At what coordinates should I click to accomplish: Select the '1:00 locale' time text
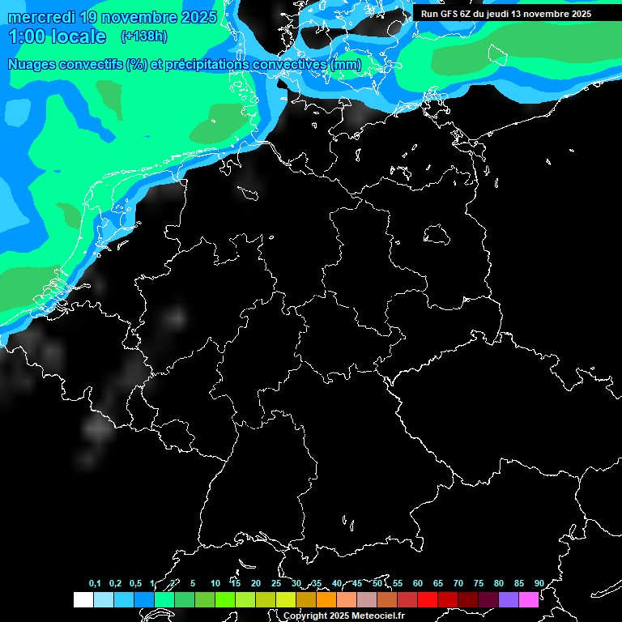[57, 36]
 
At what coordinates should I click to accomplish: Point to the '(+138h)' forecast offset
[144, 36]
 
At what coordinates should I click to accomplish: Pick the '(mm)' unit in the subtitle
[346, 65]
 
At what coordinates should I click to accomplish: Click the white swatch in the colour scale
[83, 600]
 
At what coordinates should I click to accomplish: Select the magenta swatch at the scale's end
[529, 600]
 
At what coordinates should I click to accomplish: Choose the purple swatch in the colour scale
[509, 600]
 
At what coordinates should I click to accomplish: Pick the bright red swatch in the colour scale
[428, 600]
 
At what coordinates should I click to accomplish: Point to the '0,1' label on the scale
[95, 584]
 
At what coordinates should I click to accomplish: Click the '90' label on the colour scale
[539, 584]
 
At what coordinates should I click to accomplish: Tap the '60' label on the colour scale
[417, 584]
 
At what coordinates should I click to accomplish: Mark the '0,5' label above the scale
[135, 584]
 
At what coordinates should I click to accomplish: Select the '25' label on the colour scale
[275, 584]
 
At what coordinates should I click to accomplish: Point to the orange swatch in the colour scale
[326, 600]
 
